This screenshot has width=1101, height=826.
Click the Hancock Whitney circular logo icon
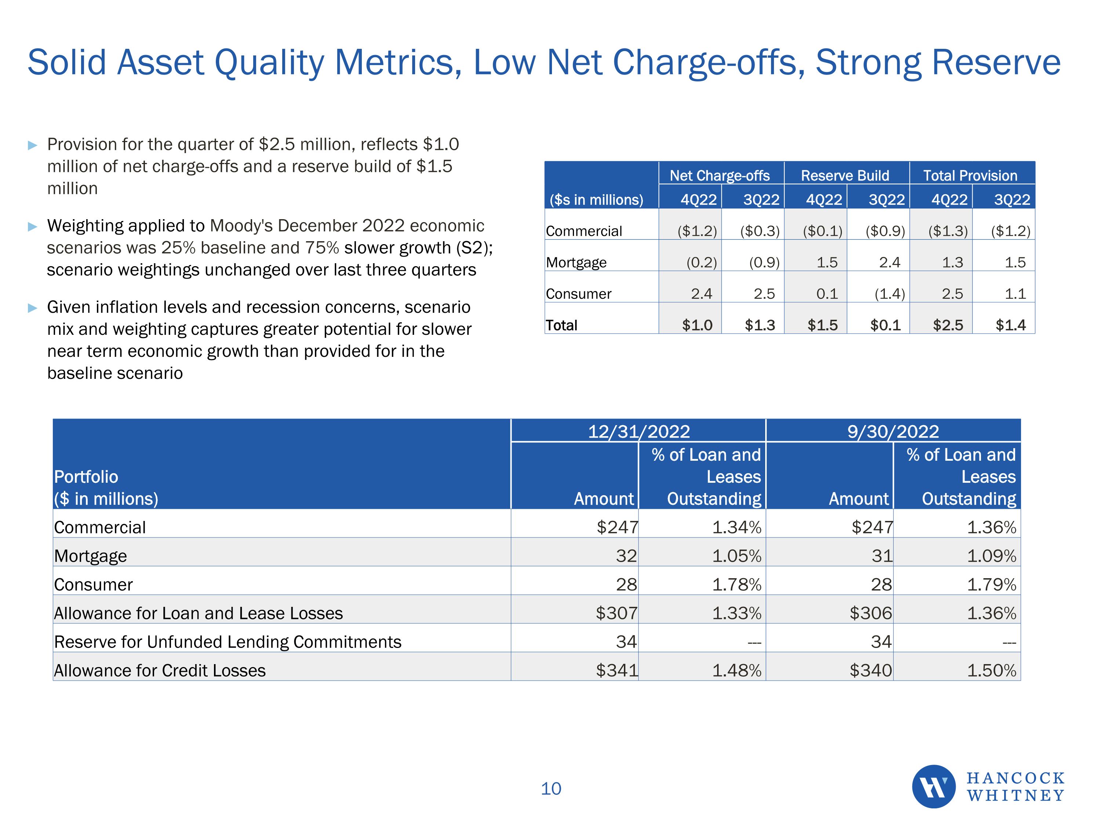933,786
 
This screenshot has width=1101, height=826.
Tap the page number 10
550,789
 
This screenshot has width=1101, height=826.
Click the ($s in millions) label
596,200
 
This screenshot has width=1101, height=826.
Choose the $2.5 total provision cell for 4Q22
948,325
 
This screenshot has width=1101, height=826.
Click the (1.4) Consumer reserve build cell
890,294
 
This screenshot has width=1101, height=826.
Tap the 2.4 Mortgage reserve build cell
890,262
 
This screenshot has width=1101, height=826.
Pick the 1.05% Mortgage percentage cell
736,556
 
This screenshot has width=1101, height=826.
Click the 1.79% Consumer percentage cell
991,584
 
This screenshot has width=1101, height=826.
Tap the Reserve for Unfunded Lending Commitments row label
228,642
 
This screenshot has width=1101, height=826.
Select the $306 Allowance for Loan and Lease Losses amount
871,613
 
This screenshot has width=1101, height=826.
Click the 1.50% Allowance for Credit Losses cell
991,670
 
